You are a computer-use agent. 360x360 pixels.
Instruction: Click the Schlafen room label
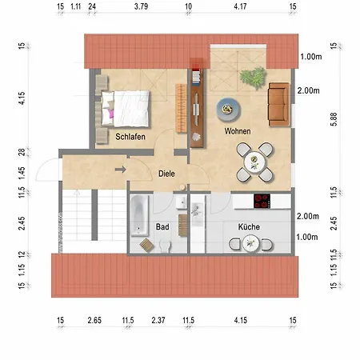pos(130,137)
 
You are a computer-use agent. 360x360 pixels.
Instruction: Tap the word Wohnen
pos(238,131)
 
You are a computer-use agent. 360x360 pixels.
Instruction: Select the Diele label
pos(166,174)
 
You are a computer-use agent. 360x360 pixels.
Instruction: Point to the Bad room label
pos(162,227)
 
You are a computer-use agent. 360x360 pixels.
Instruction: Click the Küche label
pos(249,227)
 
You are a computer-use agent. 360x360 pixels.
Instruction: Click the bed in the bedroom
pos(125,109)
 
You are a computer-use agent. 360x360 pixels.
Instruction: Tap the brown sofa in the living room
pos(278,104)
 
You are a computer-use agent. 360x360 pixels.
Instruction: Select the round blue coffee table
pos(228,110)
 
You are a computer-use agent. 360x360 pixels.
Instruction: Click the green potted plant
pos(254,78)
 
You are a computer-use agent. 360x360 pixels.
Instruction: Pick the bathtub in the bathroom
pos(139,215)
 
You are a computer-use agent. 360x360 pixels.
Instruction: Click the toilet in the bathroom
pos(165,246)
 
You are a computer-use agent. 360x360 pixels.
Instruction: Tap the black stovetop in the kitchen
pos(262,201)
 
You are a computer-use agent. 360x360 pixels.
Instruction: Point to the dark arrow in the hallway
pos(120,170)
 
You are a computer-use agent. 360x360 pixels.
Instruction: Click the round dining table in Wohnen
pos(254,162)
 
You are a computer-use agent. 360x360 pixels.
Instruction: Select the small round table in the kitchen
pos(250,243)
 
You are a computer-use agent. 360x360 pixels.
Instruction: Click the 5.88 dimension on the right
pos(334,119)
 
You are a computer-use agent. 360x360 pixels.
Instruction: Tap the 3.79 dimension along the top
pos(141,6)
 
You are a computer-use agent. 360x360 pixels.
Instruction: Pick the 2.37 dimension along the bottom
pos(158,320)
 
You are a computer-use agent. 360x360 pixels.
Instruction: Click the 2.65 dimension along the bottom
pos(94,320)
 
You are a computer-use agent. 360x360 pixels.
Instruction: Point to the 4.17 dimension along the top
pos(240,6)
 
